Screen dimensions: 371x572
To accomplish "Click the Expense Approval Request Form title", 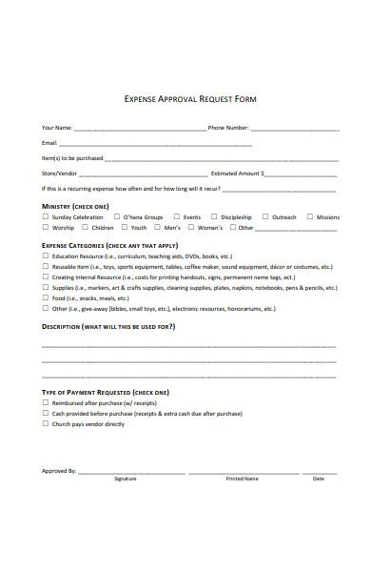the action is [x=190, y=98].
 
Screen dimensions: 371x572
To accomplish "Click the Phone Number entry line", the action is [x=295, y=129].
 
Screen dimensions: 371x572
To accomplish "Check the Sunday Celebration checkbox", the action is [x=45, y=217].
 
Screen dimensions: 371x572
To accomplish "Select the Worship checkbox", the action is [x=45, y=229].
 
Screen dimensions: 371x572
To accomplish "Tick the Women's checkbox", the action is [x=190, y=229].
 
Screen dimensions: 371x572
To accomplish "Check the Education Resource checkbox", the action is [x=45, y=256].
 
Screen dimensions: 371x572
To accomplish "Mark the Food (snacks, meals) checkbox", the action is [x=45, y=298].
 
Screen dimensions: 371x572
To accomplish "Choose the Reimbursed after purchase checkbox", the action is [x=45, y=403].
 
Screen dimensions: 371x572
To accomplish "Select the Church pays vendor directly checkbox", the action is [x=45, y=424].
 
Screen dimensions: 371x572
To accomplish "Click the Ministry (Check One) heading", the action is [x=75, y=206].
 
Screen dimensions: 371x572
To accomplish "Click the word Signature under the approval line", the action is [x=126, y=479].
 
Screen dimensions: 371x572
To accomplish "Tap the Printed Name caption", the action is [x=242, y=479].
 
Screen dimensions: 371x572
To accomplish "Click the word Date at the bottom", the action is [x=319, y=479].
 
